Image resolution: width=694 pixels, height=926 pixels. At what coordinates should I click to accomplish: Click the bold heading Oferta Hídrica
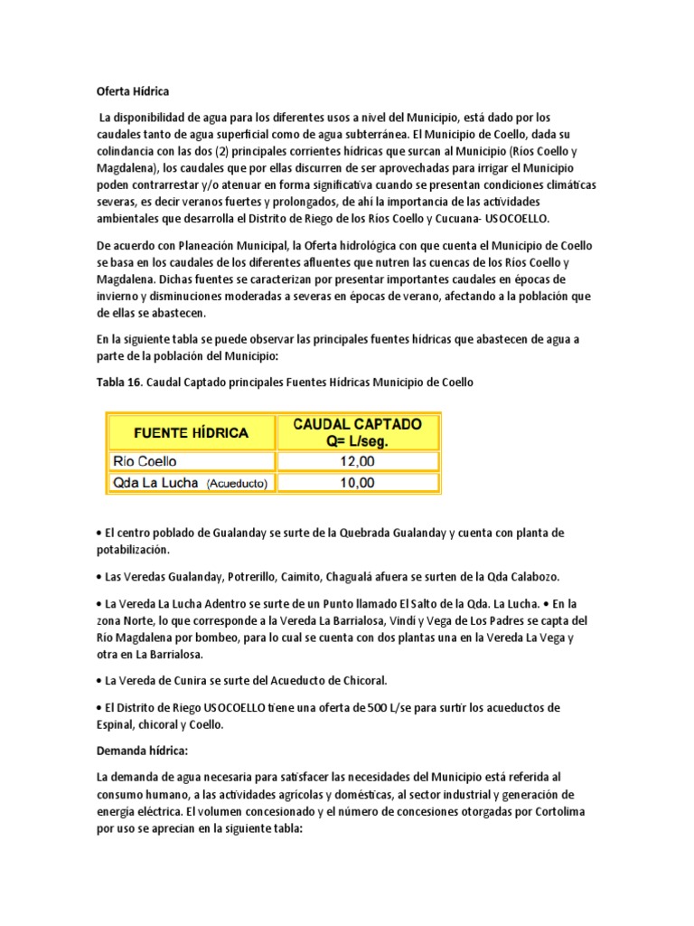(133, 91)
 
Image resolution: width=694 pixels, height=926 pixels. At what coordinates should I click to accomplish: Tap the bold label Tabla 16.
(119, 383)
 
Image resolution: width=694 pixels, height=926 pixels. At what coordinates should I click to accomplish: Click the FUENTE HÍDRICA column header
(192, 432)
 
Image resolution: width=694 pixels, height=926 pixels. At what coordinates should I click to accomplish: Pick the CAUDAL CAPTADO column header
(357, 431)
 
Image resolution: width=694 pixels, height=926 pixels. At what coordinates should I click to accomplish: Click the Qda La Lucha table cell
(155, 483)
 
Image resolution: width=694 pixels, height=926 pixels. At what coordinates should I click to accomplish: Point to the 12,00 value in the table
(357, 461)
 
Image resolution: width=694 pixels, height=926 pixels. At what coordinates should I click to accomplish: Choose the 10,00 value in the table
(357, 483)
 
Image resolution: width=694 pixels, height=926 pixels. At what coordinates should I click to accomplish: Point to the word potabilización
(133, 549)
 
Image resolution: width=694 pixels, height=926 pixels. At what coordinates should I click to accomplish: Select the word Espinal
(118, 723)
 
